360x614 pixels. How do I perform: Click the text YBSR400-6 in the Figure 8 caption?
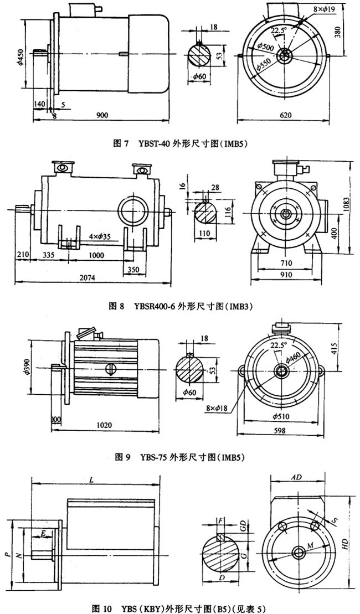(x=154, y=305)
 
